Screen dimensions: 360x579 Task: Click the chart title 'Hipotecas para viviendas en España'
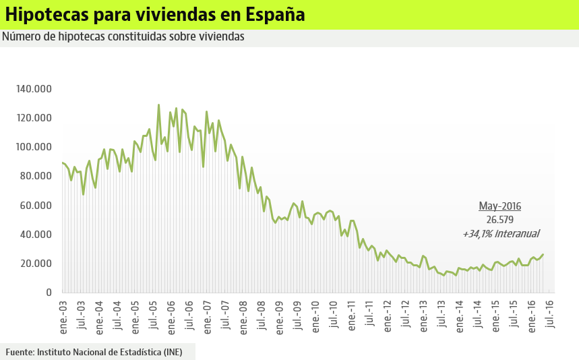[154, 14]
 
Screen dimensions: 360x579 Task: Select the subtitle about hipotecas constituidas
[123, 36]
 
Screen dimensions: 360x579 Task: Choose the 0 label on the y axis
[48, 293]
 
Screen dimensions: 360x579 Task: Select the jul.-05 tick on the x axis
[153, 312]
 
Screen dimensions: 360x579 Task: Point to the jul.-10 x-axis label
[333, 312]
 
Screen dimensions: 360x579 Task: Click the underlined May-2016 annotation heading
[499, 206]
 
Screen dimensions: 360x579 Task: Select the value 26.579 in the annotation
[499, 220]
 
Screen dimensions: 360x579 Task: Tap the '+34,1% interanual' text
[500, 234]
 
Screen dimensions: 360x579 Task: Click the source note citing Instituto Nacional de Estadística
[94, 352]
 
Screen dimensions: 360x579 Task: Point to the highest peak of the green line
[158, 104]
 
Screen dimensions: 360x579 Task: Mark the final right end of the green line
[543, 254]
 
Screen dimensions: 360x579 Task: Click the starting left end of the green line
[62, 162]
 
